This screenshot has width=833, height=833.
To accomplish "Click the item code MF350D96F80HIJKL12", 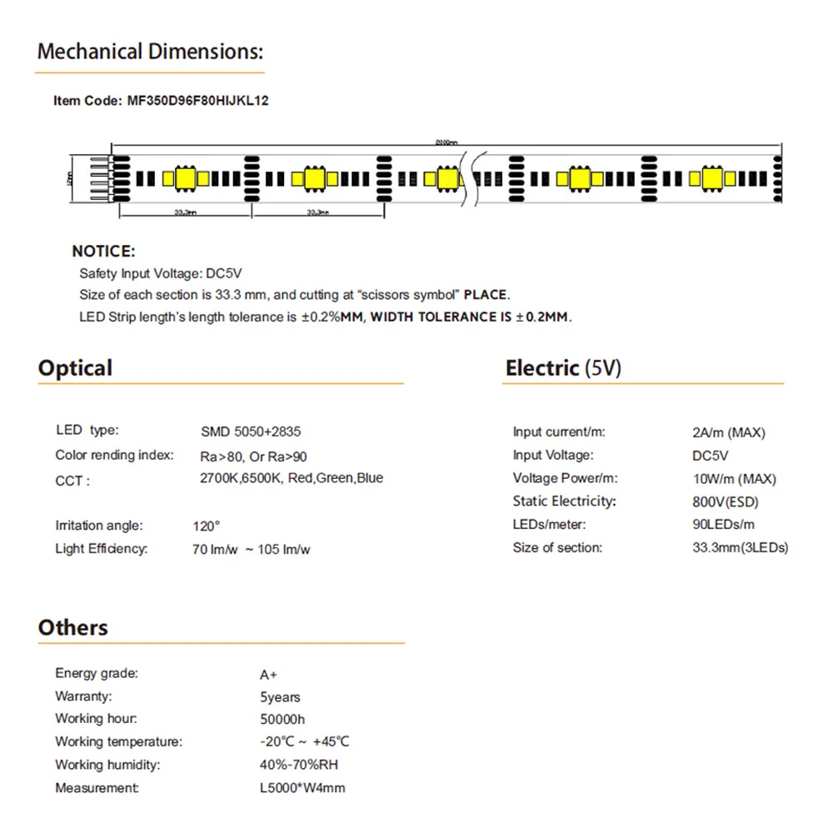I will coord(197,101).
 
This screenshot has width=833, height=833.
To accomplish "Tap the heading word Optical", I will coord(75,368).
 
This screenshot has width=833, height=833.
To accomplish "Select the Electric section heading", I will coord(563,368).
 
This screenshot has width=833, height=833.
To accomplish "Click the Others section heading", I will coord(72,627).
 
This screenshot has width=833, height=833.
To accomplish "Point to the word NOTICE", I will coord(103,251).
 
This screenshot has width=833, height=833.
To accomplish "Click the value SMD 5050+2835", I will coord(251,431).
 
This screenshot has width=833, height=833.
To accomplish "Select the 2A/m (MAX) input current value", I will coord(729,432).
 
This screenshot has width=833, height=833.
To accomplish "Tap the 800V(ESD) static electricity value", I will coord(726,501).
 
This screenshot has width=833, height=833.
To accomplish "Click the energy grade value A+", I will coord(268,674).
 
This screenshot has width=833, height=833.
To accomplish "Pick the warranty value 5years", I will coord(280,697).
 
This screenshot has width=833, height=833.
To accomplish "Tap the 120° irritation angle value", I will coord(206,526).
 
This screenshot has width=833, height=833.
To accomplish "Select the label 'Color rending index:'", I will coord(114,455).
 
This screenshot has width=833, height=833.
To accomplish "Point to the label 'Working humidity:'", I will coord(107,765).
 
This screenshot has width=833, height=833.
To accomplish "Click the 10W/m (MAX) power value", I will coord(734,479).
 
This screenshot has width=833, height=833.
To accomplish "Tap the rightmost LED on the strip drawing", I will coord(712,177).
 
